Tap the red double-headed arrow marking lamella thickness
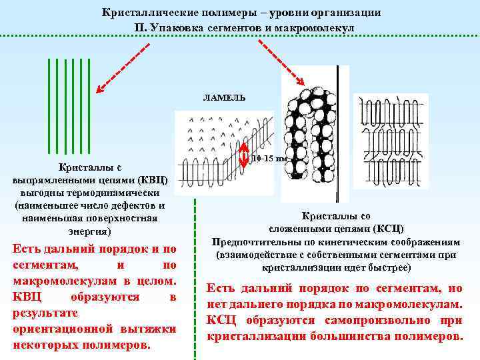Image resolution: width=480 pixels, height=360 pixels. click(x=245, y=156)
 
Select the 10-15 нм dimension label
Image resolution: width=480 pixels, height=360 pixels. click(x=269, y=159)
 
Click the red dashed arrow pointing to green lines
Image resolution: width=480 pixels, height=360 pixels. click(x=123, y=67)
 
